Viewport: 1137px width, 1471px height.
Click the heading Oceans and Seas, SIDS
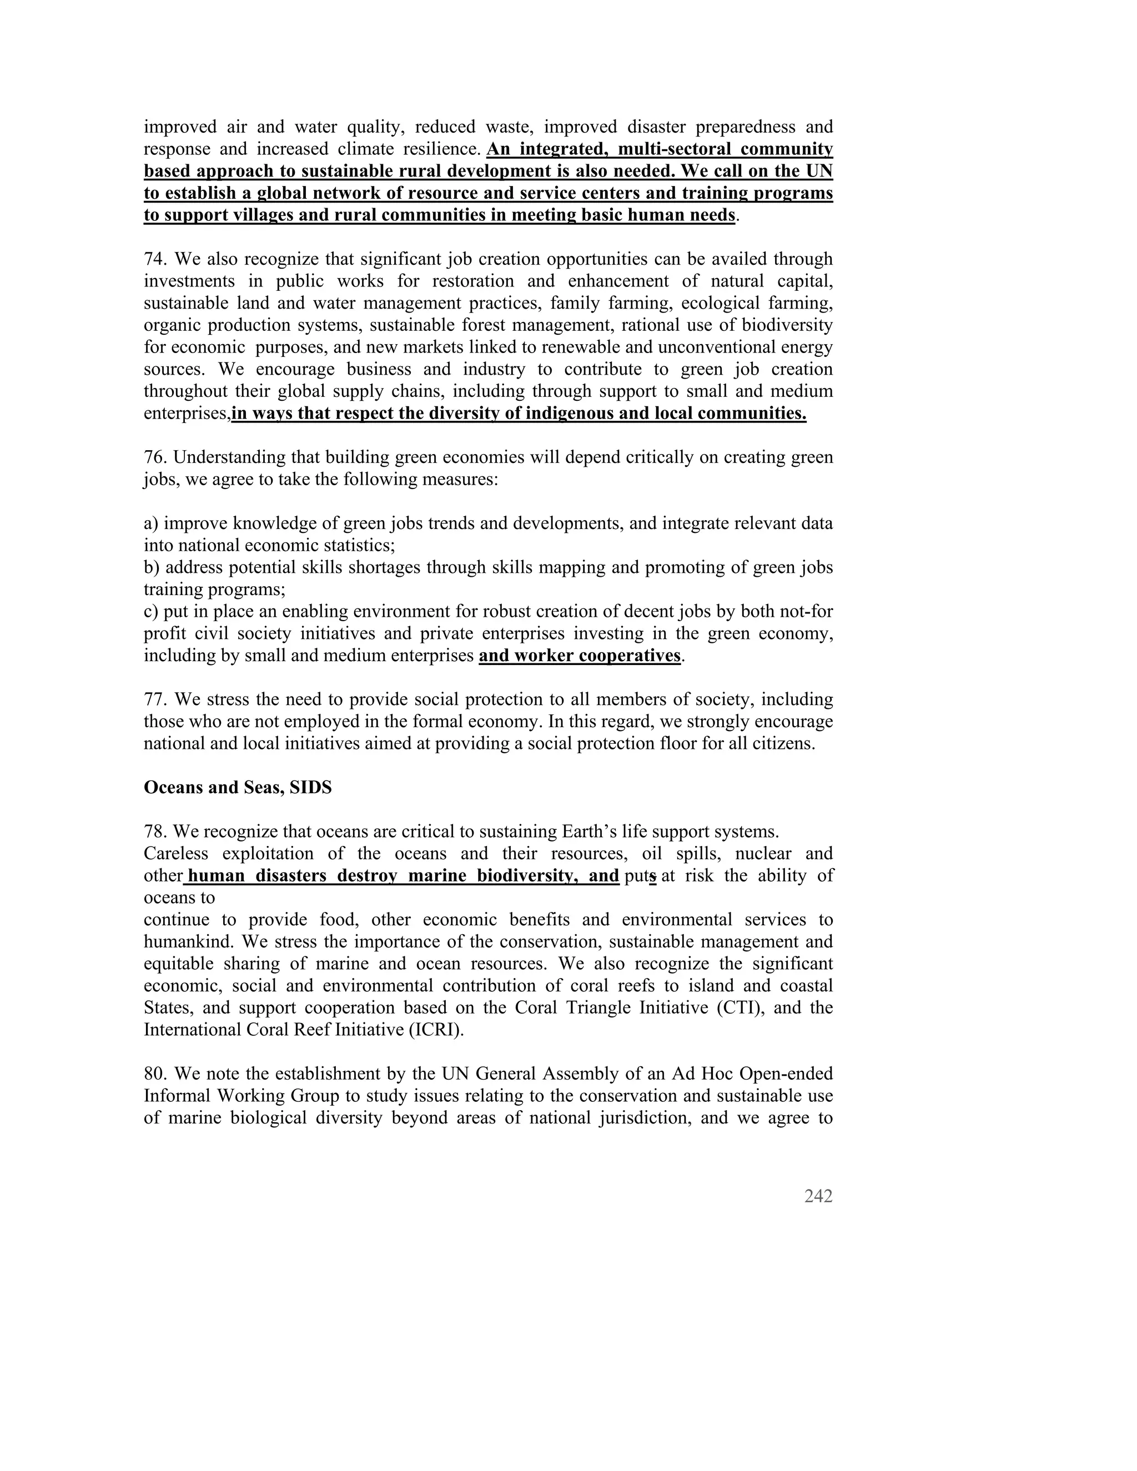238,787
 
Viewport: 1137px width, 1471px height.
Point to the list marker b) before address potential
152,567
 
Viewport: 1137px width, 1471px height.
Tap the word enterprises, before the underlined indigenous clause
187,414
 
